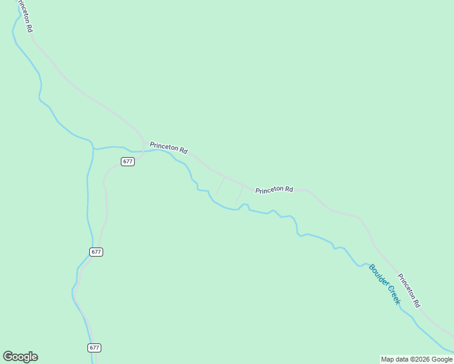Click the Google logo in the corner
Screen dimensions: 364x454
coord(21,357)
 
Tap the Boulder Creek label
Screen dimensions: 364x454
coord(385,284)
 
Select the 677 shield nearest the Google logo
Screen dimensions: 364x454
coord(93,348)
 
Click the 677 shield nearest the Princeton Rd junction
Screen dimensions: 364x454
coord(127,161)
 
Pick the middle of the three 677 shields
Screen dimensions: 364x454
coord(96,252)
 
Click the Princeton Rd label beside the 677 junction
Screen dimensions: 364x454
coord(168,147)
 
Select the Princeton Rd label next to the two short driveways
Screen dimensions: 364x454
coord(274,190)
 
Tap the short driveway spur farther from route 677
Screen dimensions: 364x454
coord(239,195)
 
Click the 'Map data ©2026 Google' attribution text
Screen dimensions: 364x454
coord(416,359)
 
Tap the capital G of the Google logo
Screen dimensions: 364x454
coord(8,357)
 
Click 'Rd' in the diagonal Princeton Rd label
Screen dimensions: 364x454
coord(417,302)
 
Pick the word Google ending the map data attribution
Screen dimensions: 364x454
coord(441,359)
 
